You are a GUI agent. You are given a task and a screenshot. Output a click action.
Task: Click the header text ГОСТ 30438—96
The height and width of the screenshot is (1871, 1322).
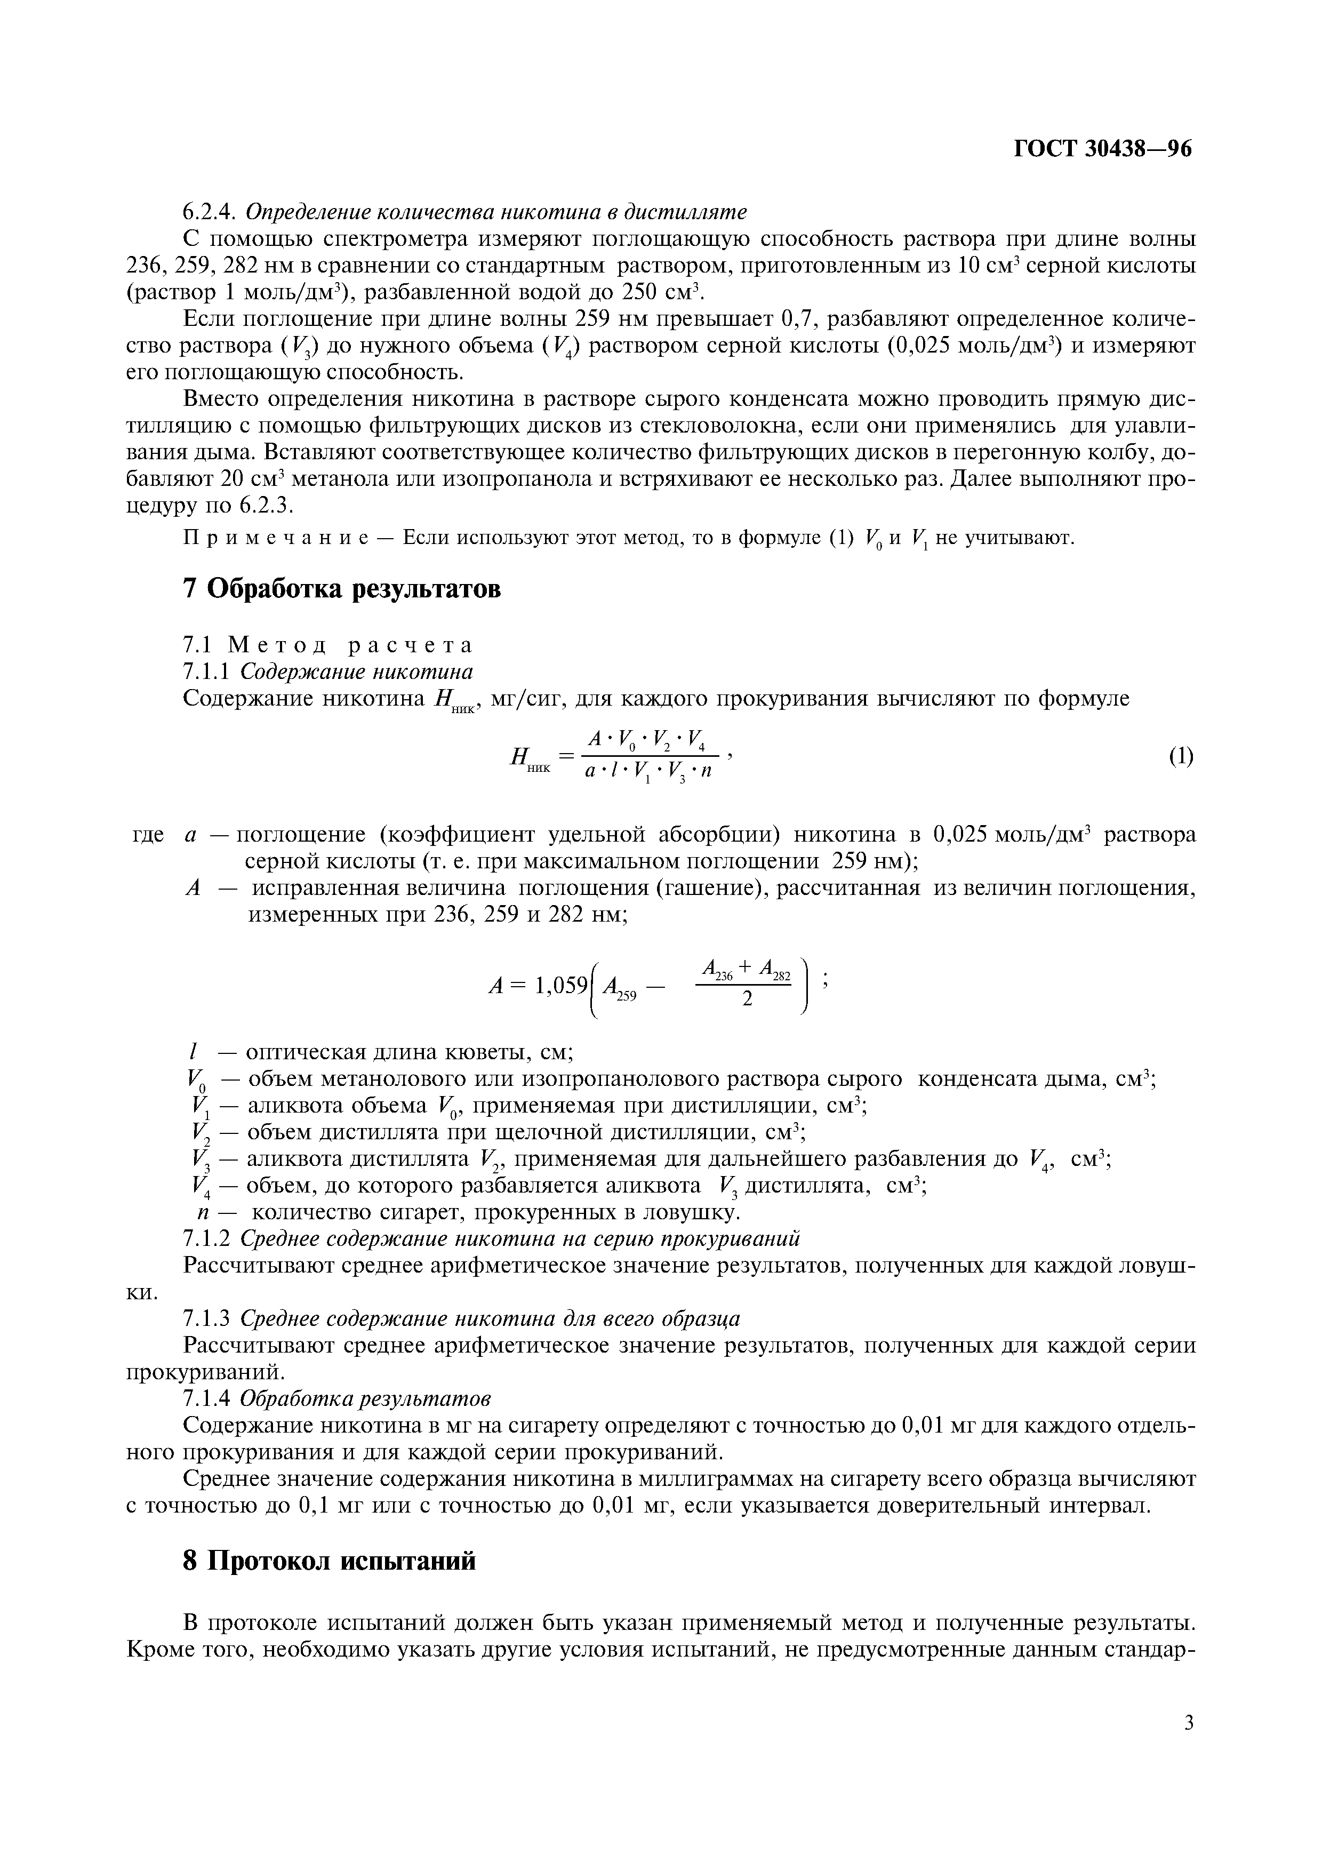coord(1102,148)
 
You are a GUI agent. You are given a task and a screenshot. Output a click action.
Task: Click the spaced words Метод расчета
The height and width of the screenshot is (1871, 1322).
coord(350,645)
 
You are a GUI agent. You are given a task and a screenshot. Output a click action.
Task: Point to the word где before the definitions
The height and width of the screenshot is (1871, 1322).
coord(148,835)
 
